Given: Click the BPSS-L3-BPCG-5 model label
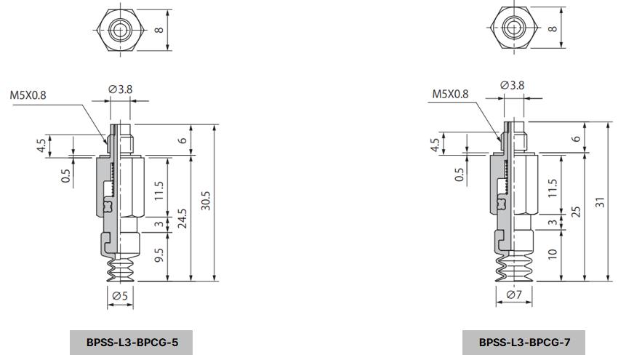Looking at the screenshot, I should pos(132,342).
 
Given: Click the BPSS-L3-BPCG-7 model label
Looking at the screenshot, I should pos(523,342).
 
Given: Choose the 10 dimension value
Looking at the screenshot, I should pos(553,255).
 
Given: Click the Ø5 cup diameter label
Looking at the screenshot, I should pos(121,295).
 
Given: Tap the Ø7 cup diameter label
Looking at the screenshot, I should pos(514,295).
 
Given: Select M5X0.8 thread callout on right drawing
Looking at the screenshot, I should pos(450,94).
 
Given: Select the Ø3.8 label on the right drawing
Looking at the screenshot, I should pos(513,85).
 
